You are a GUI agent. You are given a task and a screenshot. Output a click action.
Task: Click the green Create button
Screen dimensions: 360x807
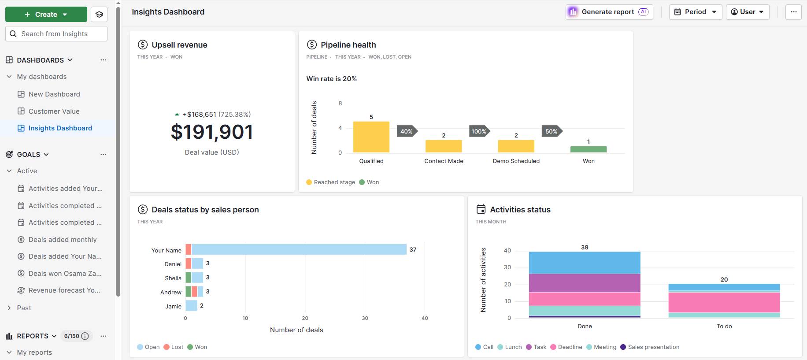click(46, 15)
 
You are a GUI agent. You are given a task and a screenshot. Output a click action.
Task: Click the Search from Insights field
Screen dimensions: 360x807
click(56, 34)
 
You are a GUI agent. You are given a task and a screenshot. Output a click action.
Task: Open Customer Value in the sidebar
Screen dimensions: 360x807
click(54, 111)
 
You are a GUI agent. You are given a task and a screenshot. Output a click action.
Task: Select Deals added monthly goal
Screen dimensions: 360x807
click(63, 240)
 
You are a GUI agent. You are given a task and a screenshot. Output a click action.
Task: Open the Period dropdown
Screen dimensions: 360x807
click(695, 12)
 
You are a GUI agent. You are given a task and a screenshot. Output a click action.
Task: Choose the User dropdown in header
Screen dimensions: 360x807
click(747, 12)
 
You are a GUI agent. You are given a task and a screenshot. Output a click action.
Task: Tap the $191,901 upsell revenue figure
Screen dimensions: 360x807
click(212, 132)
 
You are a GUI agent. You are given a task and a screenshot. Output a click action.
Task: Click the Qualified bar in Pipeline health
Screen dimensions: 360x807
click(371, 137)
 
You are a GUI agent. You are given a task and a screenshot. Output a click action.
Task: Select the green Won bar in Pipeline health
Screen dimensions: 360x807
click(588, 149)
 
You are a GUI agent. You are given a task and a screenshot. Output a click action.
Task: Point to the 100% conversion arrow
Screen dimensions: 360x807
click(479, 131)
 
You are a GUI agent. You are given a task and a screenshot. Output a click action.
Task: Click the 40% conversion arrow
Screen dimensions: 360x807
click(406, 131)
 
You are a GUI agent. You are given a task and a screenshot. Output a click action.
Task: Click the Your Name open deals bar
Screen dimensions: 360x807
click(299, 249)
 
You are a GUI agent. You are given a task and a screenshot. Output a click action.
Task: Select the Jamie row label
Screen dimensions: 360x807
click(173, 306)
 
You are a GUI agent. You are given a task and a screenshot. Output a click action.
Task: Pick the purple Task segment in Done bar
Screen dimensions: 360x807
click(584, 283)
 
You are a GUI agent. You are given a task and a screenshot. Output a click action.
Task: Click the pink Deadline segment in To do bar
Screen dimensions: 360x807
click(724, 302)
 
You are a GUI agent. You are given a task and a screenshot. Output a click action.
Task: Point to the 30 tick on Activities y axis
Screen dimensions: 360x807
click(507, 267)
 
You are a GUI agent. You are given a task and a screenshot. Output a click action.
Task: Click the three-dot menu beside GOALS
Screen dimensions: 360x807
click(103, 155)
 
